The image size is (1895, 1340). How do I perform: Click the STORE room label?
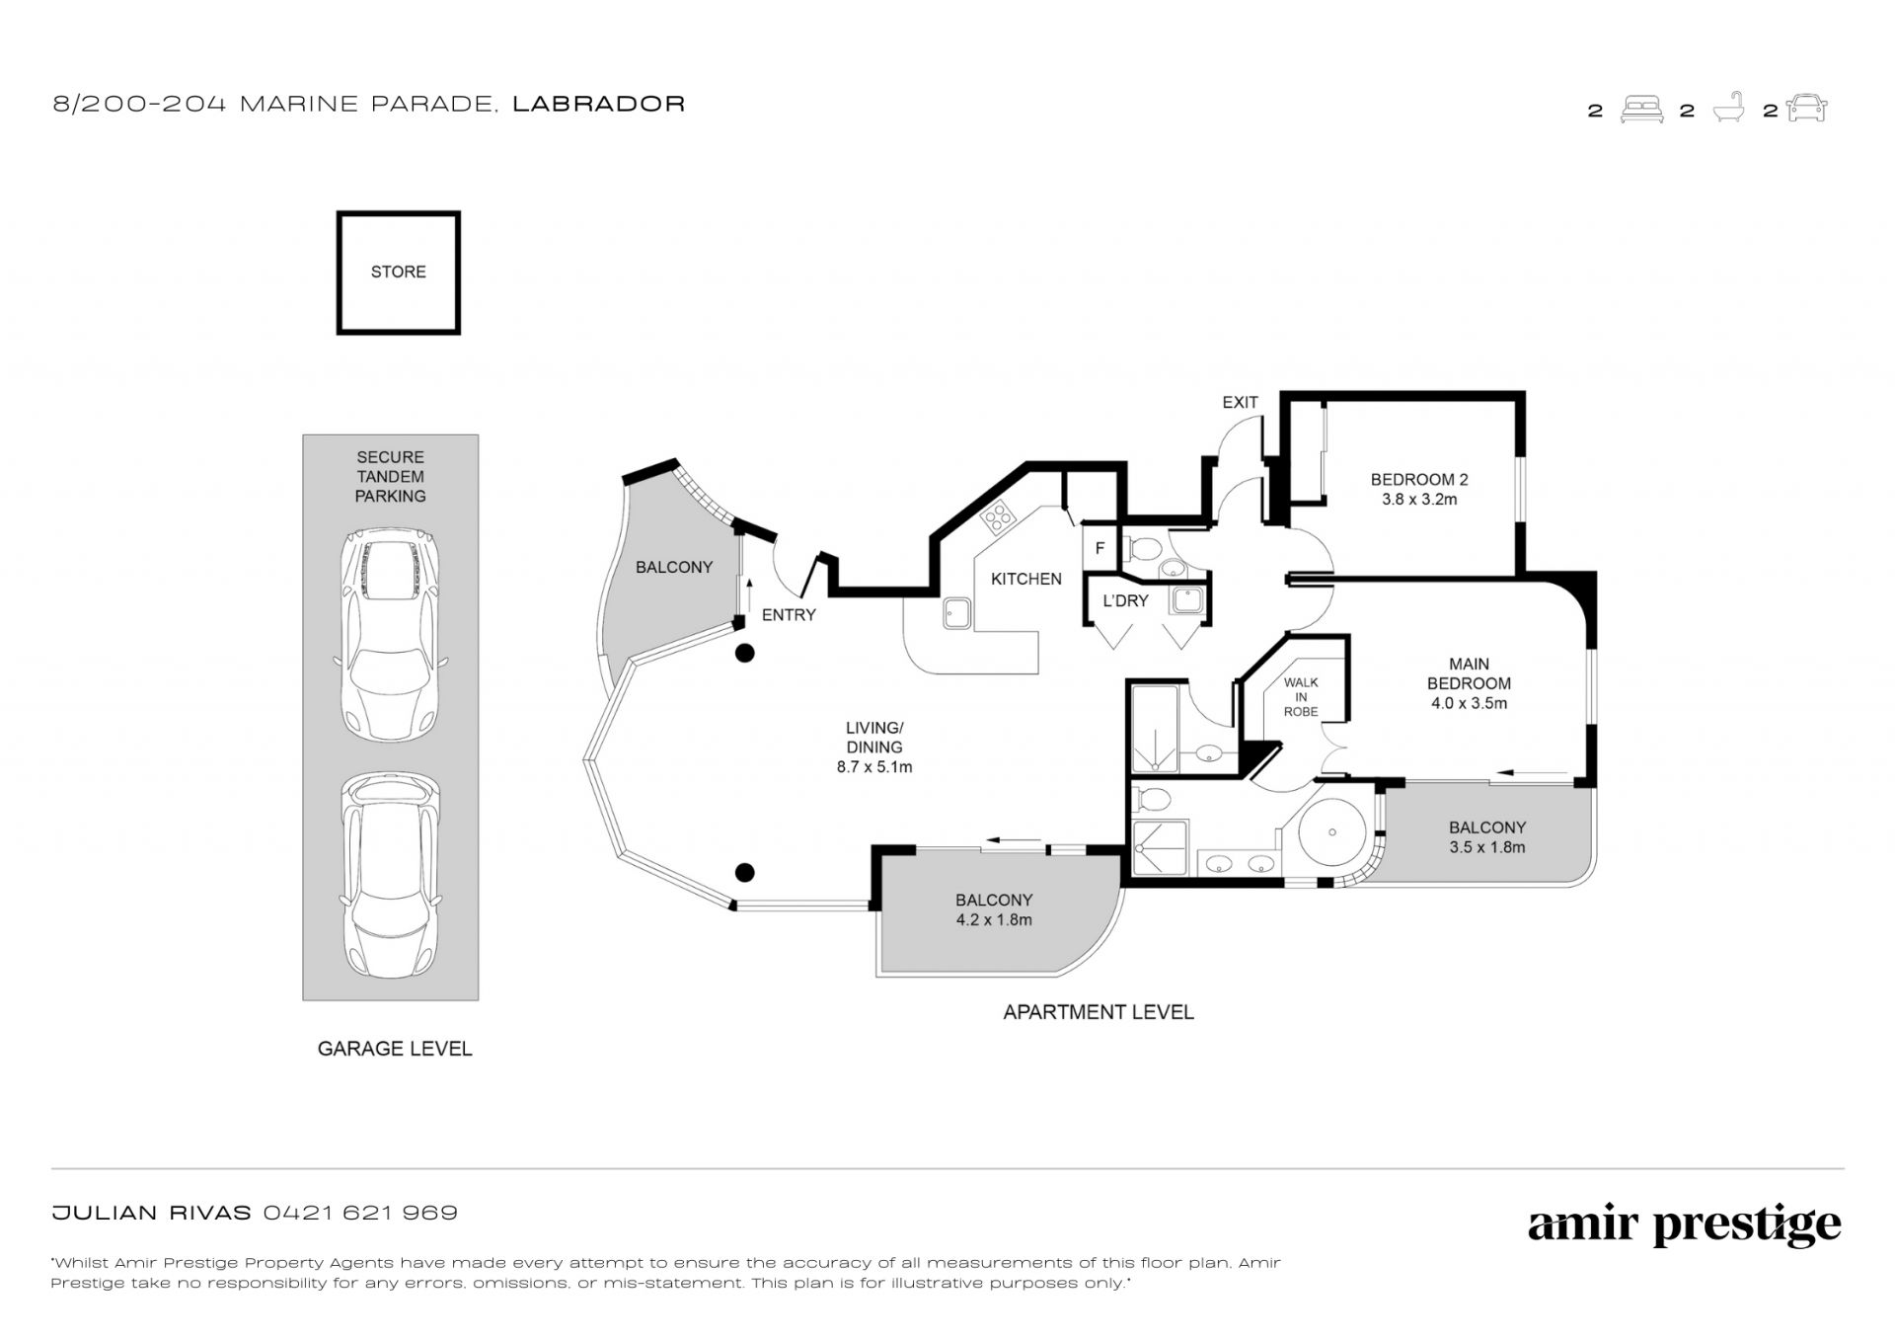coord(398,272)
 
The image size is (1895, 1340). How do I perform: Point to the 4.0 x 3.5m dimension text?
coord(1469,704)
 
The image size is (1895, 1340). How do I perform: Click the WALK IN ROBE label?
coord(1301,696)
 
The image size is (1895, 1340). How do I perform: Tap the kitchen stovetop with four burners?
coord(998,514)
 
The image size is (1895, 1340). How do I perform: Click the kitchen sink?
coord(955,613)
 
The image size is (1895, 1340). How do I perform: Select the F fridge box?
coord(1099,549)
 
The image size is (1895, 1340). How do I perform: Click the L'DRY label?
coord(1125,600)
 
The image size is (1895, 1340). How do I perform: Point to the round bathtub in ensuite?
coord(1331,832)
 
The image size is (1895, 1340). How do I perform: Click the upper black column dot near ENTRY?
coord(745,653)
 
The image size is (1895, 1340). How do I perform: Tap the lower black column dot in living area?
coord(745,872)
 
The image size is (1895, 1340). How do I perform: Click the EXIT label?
coord(1240,402)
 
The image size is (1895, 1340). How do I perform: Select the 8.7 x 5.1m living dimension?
coord(874,766)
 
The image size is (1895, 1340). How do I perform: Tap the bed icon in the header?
coord(1641,110)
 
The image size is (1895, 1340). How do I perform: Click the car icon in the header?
coord(1806,109)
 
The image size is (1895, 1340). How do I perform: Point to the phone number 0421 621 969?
coord(360,1213)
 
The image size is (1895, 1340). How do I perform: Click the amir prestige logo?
coord(1684,1225)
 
